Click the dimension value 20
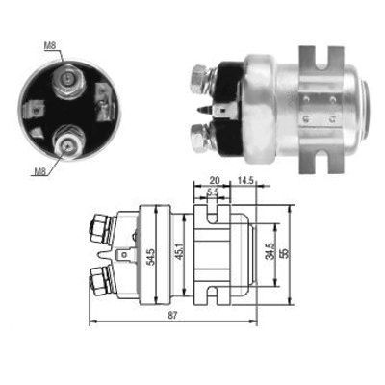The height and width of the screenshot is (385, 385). click(213, 178)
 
